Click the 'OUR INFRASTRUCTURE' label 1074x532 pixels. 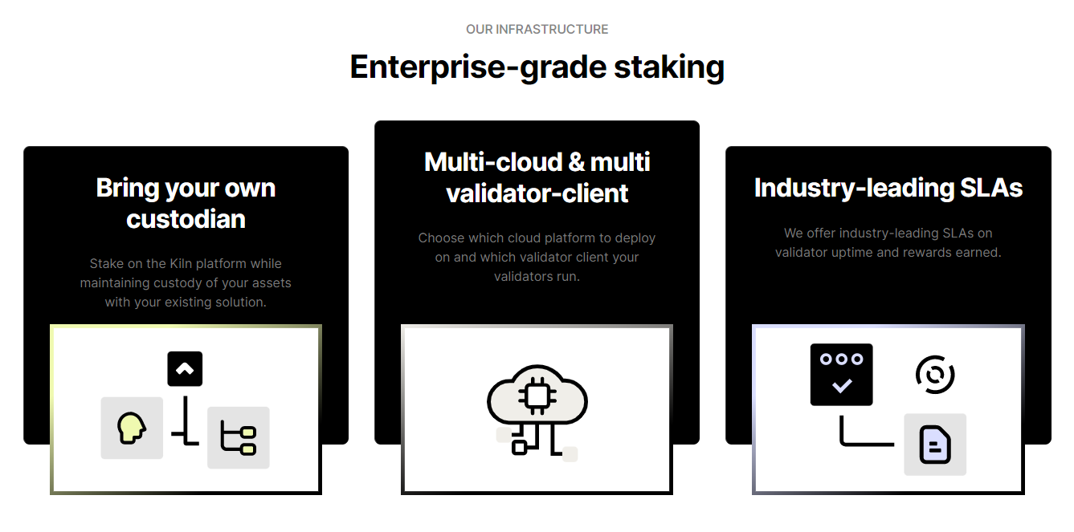tap(537, 30)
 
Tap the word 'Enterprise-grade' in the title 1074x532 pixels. tap(478, 67)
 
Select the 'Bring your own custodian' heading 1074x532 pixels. tap(186, 203)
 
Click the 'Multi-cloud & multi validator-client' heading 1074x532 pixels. tap(537, 177)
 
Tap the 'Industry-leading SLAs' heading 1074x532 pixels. tap(888, 188)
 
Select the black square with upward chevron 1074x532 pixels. tap(185, 369)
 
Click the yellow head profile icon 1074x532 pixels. tap(131, 428)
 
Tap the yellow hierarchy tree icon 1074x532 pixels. tap(239, 438)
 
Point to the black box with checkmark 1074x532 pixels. tap(841, 375)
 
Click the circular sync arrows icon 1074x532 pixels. tap(935, 375)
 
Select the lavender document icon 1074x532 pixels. tap(935, 445)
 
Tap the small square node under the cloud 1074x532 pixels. tap(519, 447)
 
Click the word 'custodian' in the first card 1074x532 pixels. tap(186, 219)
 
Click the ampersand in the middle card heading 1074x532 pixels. tap(576, 162)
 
